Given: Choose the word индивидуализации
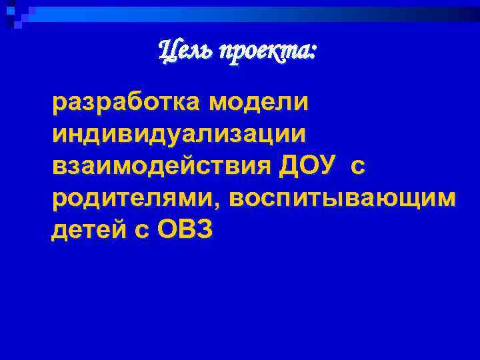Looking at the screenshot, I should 180,136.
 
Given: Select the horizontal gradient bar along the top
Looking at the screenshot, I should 253,10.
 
